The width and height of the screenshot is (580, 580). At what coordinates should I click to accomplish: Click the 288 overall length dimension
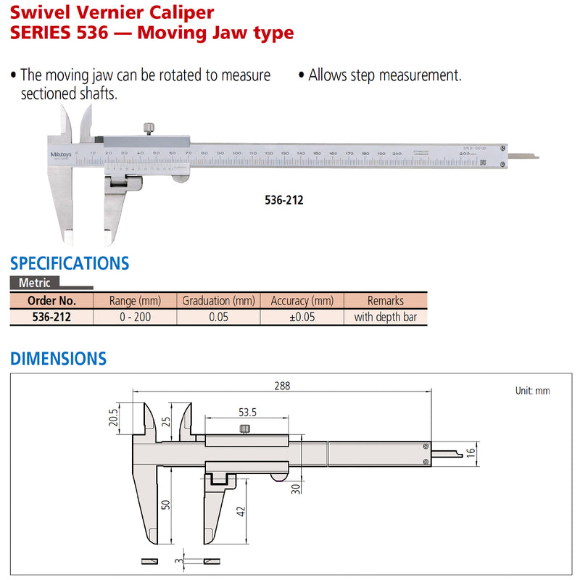click(282, 386)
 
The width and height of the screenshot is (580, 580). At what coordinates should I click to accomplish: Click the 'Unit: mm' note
click(532, 391)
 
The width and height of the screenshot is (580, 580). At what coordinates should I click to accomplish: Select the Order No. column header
click(51, 300)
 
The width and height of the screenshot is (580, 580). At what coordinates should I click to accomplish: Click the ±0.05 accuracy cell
click(302, 317)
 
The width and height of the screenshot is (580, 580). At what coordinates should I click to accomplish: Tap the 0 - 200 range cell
click(135, 317)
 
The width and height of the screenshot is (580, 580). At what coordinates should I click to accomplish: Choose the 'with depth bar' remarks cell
click(385, 317)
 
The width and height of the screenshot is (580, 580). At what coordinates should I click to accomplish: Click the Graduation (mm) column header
click(218, 300)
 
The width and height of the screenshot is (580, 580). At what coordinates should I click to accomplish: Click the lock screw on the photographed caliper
click(148, 129)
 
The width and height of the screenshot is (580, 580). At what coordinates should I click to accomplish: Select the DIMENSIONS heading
click(58, 358)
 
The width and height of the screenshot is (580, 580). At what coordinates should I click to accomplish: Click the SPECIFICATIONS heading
click(70, 262)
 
